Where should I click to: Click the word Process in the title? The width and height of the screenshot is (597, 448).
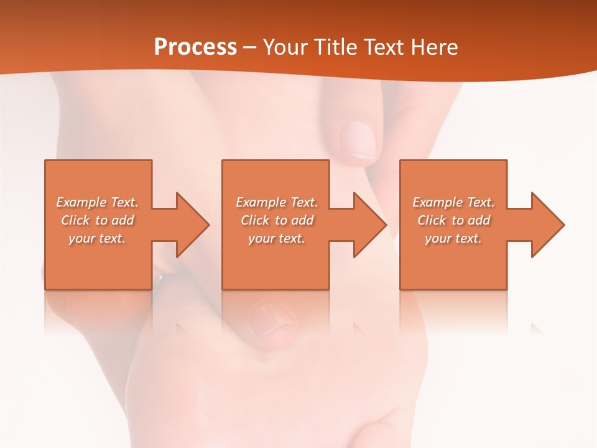195,47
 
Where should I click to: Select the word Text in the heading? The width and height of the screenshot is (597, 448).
384,47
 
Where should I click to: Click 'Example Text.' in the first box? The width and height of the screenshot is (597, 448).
98,202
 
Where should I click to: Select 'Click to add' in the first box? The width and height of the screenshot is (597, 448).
98,220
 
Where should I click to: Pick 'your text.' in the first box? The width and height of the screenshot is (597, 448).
98,238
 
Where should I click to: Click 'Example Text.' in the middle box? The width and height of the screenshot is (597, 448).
277,202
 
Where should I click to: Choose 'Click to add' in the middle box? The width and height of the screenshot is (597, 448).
277,220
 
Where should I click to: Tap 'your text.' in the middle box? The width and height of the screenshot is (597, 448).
277,238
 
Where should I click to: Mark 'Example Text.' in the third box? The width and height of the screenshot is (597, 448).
453,202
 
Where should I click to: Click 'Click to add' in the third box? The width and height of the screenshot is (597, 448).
453,220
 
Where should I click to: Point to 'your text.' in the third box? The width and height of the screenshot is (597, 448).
453,238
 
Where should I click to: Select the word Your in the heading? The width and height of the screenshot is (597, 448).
285,47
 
